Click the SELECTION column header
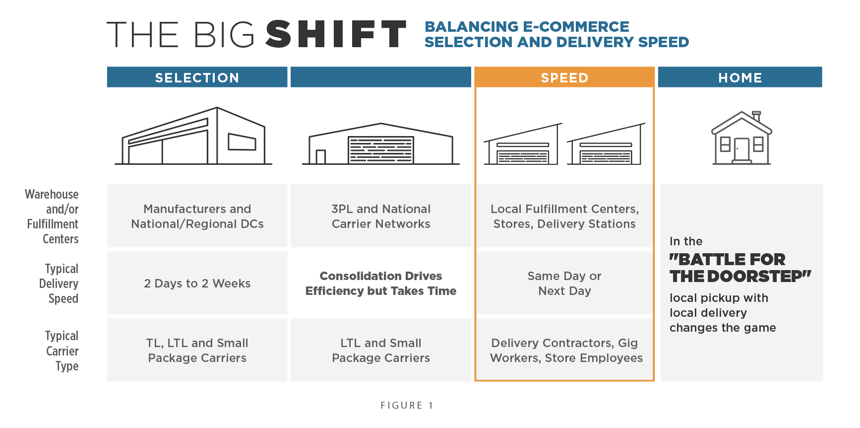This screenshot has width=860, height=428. tap(197, 77)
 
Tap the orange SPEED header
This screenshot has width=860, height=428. tap(564, 77)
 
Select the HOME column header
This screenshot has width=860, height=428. tap(739, 77)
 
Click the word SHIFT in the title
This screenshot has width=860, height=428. tap(336, 34)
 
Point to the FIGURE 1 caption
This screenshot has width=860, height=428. tap(407, 405)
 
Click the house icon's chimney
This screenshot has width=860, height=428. tap(756, 116)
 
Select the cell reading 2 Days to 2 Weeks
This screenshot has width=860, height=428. tap(197, 283)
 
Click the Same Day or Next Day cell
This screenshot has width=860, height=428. tap(564, 283)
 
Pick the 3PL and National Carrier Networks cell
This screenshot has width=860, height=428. tap(380, 216)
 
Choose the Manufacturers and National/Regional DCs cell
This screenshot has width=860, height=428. tap(197, 216)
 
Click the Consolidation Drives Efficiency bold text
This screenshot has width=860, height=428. tap(380, 283)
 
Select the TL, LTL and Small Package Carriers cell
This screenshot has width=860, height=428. tap(197, 350)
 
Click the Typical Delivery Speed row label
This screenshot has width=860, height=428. tap(59, 283)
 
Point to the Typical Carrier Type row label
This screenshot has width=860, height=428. tap(62, 351)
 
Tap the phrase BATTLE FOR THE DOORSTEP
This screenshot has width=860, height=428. tap(739, 268)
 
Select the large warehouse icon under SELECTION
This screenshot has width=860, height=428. tap(193, 137)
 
